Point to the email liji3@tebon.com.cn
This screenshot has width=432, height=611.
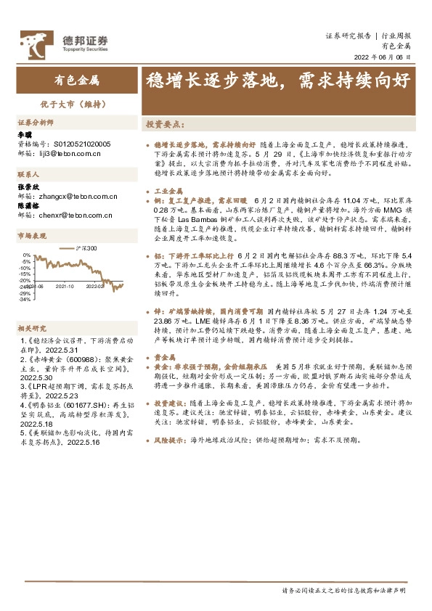click(x=69, y=154)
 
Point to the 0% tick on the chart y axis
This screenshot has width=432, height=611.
click(x=26, y=255)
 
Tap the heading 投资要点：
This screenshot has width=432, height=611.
click(x=163, y=125)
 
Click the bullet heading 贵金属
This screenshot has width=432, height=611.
click(x=163, y=358)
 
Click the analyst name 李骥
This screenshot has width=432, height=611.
click(x=25, y=135)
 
